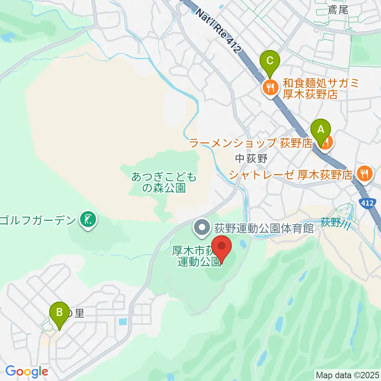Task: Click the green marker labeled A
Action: (321, 130)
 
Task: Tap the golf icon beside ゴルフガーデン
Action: (87, 219)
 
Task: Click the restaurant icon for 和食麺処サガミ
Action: (271, 88)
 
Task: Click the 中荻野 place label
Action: (252, 158)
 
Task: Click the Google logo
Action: (27, 372)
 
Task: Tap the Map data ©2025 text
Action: (347, 374)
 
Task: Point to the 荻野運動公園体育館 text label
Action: (264, 228)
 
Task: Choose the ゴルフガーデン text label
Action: (38, 219)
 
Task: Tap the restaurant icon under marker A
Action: (324, 144)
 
